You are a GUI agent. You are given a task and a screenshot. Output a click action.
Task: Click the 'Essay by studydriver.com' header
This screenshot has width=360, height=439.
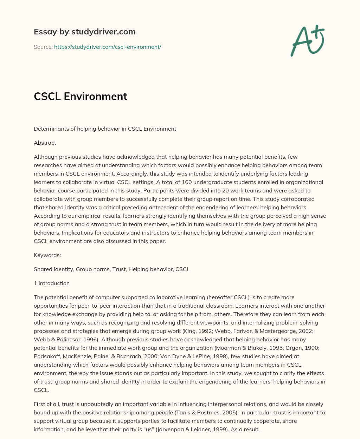coord(84,32)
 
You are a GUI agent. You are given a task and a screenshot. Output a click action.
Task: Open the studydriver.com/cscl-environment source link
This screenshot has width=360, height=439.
coord(108,47)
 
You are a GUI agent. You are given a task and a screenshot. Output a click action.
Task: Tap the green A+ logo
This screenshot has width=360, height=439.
coord(307,41)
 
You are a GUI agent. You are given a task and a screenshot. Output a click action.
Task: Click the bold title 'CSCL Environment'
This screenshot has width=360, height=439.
coord(81,96)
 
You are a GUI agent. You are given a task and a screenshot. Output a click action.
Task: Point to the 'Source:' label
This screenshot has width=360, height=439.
coord(43,47)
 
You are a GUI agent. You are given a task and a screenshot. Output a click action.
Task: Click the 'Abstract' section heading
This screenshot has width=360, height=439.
coord(45,143)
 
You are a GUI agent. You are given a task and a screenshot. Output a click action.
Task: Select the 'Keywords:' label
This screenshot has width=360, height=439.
coord(47,255)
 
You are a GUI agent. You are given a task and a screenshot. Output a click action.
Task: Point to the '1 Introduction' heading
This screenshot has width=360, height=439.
coord(52,283)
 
